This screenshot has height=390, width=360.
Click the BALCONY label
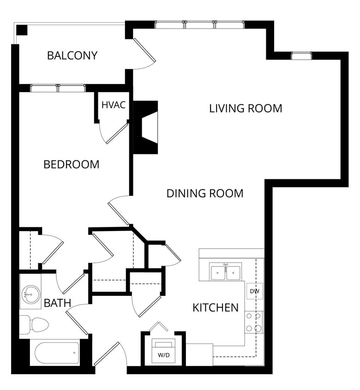[72, 55]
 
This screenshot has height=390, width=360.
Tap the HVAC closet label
[113, 105]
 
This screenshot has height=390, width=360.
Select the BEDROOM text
[71, 165]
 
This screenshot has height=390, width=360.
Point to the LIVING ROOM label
[246, 109]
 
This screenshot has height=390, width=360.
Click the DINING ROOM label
[205, 194]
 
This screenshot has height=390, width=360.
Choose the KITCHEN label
[216, 308]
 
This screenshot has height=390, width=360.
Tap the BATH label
[57, 303]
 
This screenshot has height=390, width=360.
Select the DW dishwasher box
[255, 291]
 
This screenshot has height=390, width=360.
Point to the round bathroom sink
[30, 294]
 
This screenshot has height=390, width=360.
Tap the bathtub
[57, 353]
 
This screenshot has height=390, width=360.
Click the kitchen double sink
[225, 272]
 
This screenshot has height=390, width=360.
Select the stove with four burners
[254, 323]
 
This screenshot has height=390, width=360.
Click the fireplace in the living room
[145, 128]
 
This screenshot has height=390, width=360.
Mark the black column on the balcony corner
[22, 30]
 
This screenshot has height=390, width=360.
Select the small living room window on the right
[301, 56]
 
